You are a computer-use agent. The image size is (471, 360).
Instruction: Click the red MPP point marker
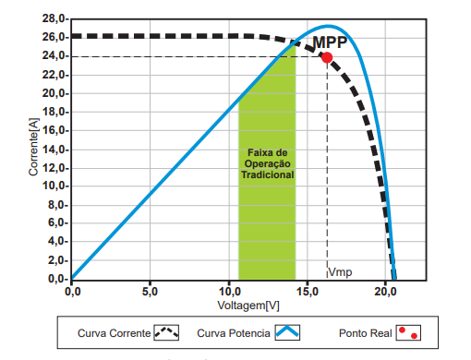(x=327, y=57)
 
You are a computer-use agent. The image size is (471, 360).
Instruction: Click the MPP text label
(x=329, y=42)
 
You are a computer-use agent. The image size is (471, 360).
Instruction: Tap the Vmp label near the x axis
(x=341, y=271)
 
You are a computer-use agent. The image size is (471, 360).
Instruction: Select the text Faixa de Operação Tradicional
(x=268, y=162)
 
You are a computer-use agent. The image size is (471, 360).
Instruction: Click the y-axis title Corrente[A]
(x=32, y=149)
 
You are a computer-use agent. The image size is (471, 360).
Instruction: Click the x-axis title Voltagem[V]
(x=248, y=305)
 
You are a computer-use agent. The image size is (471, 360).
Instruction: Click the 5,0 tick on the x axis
(x=151, y=290)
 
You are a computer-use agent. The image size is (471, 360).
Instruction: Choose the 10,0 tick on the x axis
(x=227, y=290)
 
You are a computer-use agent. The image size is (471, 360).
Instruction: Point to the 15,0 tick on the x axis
(x=306, y=290)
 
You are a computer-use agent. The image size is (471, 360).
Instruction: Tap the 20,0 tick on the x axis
(x=384, y=290)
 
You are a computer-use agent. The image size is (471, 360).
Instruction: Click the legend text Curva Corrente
(x=113, y=332)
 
